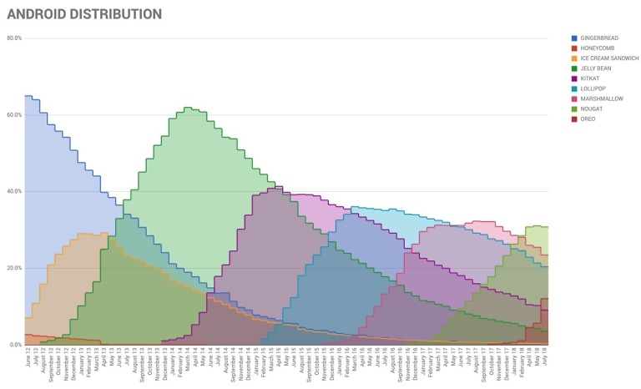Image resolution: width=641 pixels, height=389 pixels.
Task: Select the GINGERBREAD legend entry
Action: [599, 38]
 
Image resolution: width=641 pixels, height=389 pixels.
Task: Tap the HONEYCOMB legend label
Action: [598, 48]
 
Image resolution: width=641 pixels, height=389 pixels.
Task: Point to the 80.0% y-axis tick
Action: [13, 38]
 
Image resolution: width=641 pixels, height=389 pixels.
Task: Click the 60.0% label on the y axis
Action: [13, 115]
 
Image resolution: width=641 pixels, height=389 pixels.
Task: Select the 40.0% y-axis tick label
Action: [13, 191]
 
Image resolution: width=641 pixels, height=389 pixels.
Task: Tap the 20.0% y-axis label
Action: [13, 268]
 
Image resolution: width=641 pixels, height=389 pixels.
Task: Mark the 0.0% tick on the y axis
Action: [15, 345]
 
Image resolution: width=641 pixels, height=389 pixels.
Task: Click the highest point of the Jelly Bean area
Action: [188, 108]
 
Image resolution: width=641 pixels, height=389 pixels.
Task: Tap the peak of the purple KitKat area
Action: [279, 187]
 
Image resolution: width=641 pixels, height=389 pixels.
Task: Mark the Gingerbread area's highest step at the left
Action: [28, 97]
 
